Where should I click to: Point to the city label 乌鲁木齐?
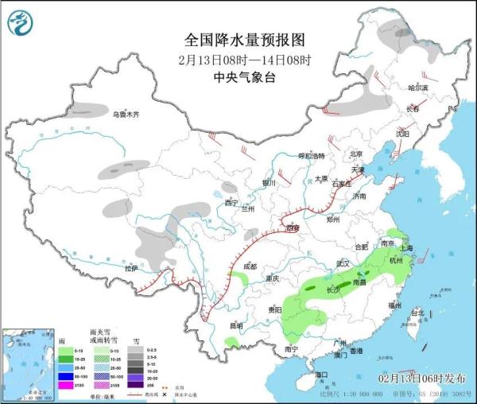[126, 115]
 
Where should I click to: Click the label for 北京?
[356, 154]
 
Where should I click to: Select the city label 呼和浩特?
[311, 155]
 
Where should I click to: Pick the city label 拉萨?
[130, 269]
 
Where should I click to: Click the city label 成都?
[250, 266]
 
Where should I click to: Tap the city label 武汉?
[343, 263]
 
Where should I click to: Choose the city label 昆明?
[235, 325]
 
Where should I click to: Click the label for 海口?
[321, 374]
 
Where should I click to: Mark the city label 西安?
[293, 228]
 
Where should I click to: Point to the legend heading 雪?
[136, 340]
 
